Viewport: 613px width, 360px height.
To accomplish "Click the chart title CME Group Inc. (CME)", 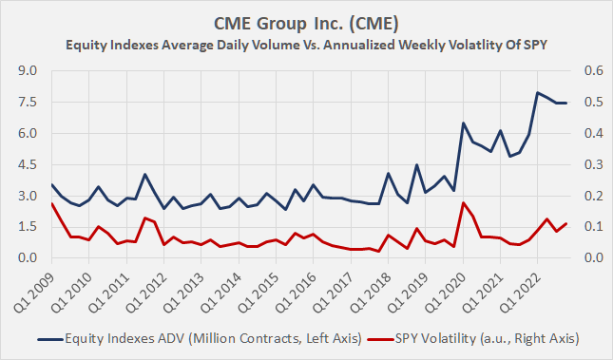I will pyautogui.click(x=306, y=20).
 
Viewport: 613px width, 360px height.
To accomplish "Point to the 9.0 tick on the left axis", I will pyautogui.click(x=28, y=70).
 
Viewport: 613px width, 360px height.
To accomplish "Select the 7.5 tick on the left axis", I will pyautogui.click(x=28, y=102).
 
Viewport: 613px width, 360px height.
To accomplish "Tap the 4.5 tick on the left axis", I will pyautogui.click(x=28, y=164).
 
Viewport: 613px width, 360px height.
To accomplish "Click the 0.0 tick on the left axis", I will pyautogui.click(x=28, y=257).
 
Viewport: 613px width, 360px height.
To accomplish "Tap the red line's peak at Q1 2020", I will pyautogui.click(x=463, y=202).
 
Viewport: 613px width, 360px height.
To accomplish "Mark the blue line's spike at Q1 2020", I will pyautogui.click(x=463, y=123).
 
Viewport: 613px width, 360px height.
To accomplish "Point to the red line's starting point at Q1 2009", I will pyautogui.click(x=51, y=204).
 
